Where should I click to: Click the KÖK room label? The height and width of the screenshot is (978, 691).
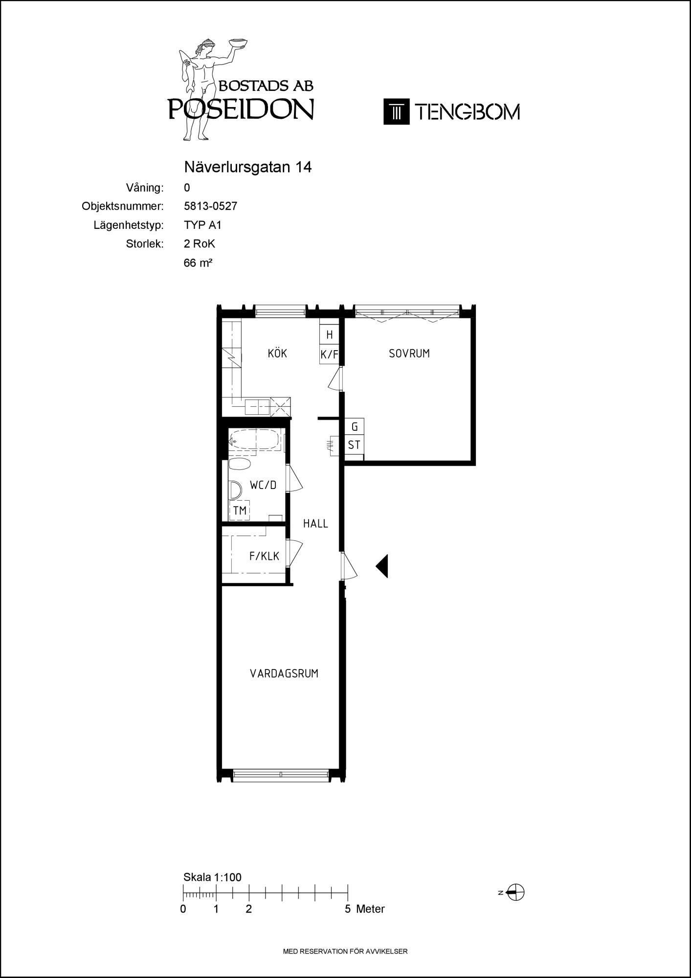click(277, 353)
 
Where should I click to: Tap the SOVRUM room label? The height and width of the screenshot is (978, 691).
click(409, 353)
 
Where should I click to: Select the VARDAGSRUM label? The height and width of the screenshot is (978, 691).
click(284, 673)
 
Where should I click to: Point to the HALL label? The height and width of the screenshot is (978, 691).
click(315, 524)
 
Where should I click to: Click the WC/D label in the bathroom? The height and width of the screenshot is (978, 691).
click(263, 485)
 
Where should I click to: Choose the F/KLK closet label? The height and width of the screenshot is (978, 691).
click(264, 556)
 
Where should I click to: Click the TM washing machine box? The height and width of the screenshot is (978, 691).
click(240, 511)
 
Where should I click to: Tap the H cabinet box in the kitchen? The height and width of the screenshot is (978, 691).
click(329, 334)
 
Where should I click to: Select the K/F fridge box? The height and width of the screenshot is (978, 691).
click(329, 355)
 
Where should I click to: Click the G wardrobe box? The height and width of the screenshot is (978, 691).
click(355, 427)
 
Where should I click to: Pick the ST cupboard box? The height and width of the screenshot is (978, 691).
click(354, 445)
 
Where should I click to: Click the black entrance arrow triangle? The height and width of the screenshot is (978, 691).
click(382, 566)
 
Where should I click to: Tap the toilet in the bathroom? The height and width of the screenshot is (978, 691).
click(240, 465)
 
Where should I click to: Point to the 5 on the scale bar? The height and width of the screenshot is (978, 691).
click(348, 909)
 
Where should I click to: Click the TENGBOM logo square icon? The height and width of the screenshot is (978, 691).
click(396, 111)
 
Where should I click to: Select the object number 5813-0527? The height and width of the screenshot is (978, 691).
click(211, 206)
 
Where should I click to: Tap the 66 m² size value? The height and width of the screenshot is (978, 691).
click(198, 263)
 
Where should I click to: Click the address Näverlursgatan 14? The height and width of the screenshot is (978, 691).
click(248, 167)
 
